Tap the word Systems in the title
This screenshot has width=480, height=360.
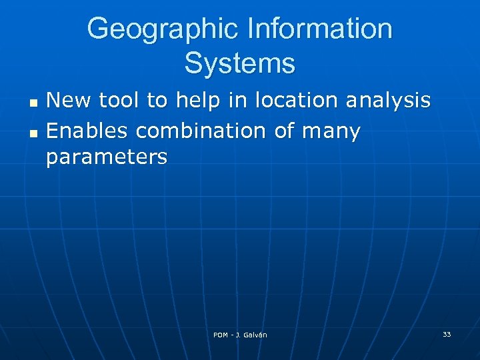(239, 64)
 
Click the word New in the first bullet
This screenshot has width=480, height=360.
(70, 101)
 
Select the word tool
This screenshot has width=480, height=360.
(121, 101)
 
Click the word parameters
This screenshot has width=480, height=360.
(107, 159)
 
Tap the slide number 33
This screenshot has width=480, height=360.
(446, 334)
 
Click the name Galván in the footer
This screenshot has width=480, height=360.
(255, 335)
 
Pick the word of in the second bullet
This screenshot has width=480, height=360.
(284, 131)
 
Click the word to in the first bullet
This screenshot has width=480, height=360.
(158, 101)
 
